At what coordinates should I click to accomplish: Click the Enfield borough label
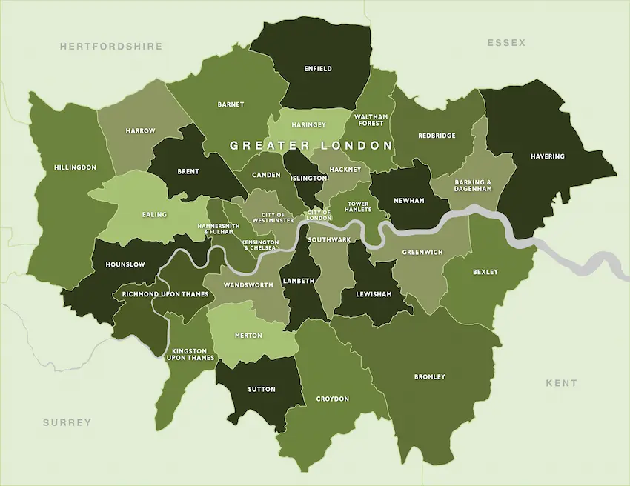click(318, 69)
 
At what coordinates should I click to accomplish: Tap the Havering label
click(548, 156)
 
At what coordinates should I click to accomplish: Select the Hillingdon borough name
click(75, 167)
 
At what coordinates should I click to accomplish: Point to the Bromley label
click(430, 377)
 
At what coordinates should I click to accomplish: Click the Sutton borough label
click(262, 389)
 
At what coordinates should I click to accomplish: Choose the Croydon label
click(332, 399)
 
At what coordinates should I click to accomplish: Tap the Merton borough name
click(248, 336)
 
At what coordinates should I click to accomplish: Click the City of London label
click(319, 215)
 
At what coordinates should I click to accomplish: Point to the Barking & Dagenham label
click(472, 185)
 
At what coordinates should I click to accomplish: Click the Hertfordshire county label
click(111, 46)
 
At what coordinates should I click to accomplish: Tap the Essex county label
click(506, 43)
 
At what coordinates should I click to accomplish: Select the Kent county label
click(561, 383)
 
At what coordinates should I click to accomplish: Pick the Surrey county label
click(67, 422)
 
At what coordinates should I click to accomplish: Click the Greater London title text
click(311, 145)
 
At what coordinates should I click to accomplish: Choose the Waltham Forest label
click(370, 120)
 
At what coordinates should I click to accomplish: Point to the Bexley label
click(485, 272)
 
